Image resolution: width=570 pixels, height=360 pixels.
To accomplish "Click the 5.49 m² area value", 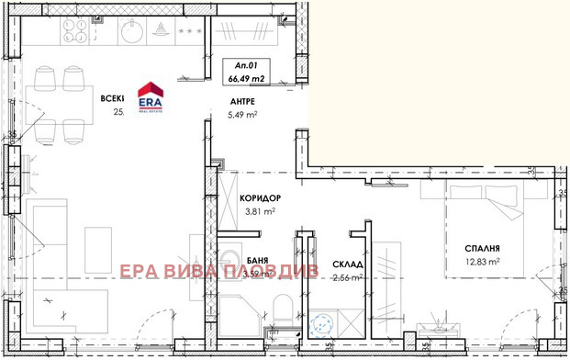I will pyautogui.click(x=240, y=115).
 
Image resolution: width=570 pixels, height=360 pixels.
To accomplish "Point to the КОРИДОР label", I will pyautogui.click(x=259, y=198).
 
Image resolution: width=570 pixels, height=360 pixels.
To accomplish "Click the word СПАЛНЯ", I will pyautogui.click(x=481, y=248).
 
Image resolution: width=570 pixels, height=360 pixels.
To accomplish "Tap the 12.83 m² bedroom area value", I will pyautogui.click(x=481, y=262).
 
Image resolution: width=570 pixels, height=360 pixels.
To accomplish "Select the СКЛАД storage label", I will pyautogui.click(x=347, y=262).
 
